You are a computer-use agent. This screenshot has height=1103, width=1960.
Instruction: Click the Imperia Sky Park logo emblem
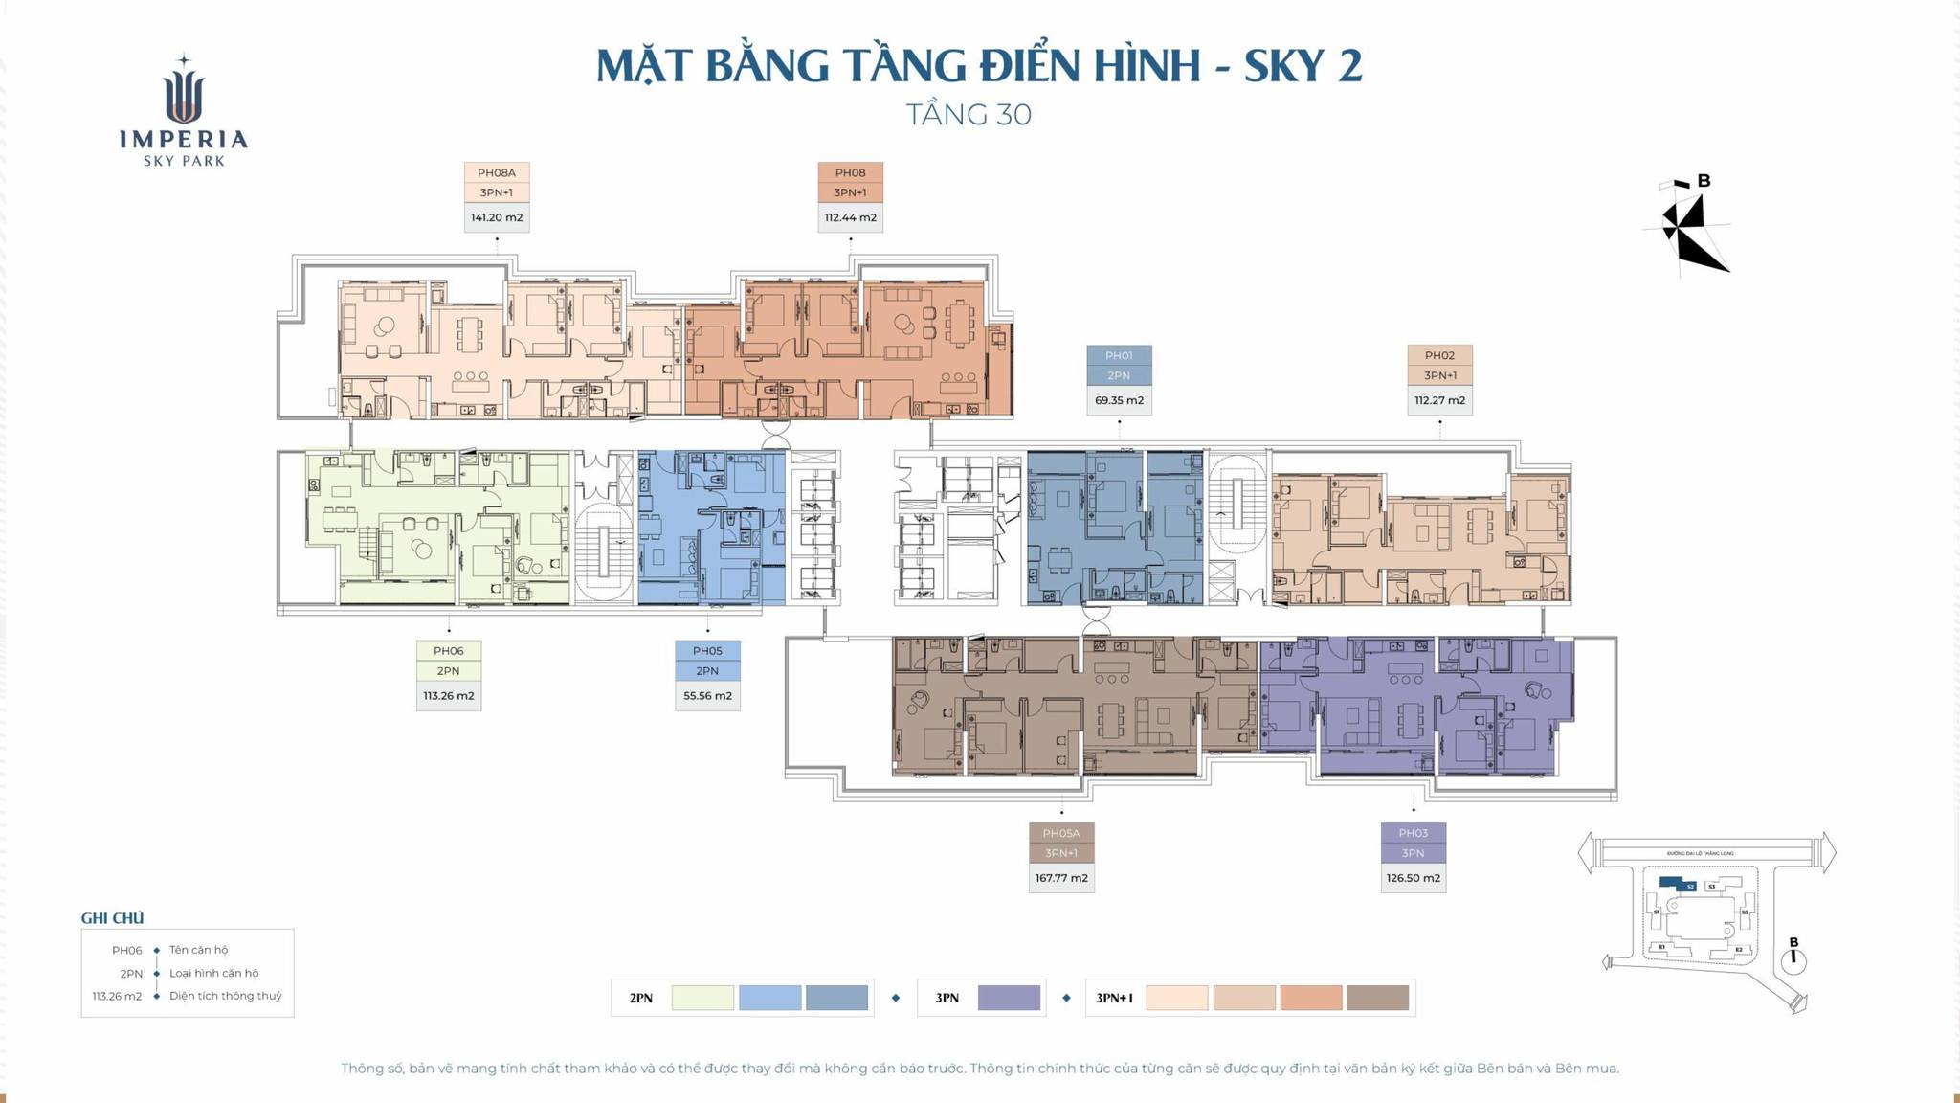click(184, 91)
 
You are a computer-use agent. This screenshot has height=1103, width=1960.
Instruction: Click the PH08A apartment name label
click(496, 173)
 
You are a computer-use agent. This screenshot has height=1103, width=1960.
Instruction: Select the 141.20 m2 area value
click(496, 217)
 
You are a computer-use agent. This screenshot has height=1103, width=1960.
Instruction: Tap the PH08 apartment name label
click(850, 173)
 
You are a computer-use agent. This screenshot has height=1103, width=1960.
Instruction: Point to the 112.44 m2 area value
click(850, 217)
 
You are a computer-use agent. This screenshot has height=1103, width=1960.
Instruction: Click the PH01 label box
click(1119, 356)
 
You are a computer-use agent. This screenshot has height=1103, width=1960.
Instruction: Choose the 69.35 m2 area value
click(1119, 400)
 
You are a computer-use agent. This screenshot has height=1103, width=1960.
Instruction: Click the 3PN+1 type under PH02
click(1439, 376)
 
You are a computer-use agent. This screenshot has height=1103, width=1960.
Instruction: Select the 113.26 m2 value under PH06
click(448, 696)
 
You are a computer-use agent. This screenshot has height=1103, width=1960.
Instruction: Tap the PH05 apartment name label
click(707, 651)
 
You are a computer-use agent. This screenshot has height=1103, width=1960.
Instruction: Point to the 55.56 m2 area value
click(707, 696)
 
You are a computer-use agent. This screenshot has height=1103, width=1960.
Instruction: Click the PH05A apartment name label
click(1060, 834)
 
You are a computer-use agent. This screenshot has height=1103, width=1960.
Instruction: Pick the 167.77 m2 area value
click(1060, 878)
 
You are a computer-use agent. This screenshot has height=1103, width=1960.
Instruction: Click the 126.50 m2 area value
click(1413, 878)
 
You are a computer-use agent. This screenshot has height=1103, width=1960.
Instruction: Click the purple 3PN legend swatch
click(1009, 998)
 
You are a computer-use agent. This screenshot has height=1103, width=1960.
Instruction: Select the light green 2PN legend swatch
click(702, 998)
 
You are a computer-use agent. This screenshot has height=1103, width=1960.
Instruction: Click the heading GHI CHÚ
click(112, 918)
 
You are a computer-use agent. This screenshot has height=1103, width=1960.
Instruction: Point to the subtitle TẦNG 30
click(969, 115)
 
